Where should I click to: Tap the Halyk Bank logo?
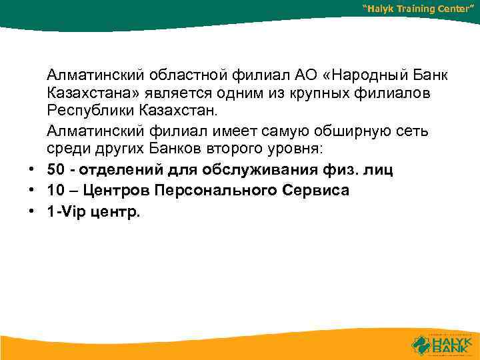pos(442,343)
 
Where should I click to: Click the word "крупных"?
pos(316,90)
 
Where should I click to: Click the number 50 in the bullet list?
pos(56,170)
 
